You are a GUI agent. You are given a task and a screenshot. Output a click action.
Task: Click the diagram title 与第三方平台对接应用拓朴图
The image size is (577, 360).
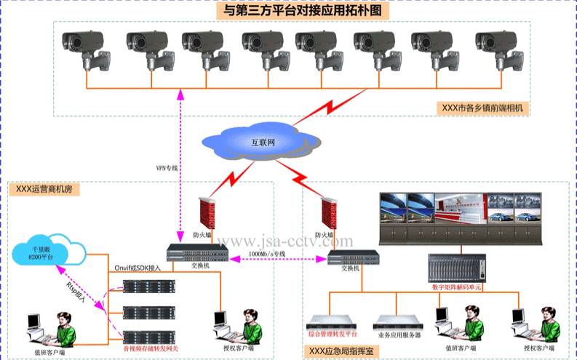coord(302,12)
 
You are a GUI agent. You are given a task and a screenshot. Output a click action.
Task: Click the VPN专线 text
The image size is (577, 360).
coord(167,168)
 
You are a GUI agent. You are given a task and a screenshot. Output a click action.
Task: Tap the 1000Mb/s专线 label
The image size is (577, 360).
coord(267,253)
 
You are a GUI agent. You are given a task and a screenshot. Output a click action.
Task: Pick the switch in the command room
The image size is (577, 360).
coord(353,256)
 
